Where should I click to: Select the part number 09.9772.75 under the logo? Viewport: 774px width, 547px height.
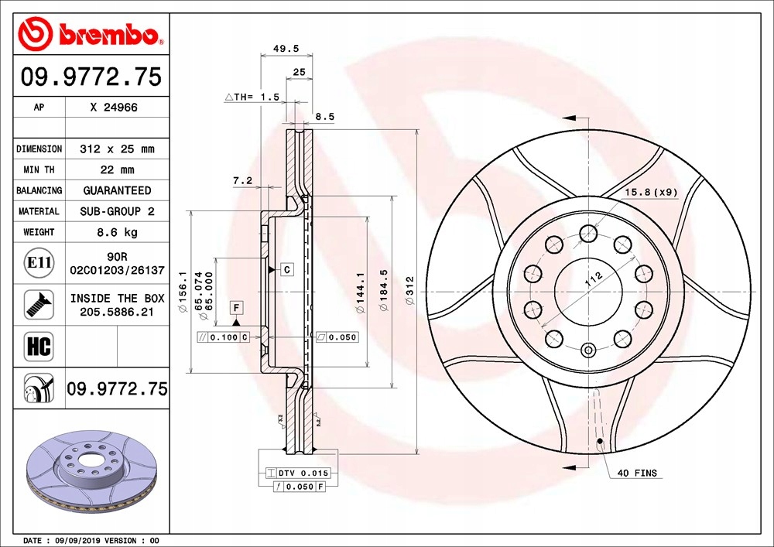point(91,77)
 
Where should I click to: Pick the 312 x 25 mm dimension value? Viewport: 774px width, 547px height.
point(116,149)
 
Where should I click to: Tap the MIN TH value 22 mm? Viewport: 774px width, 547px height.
point(116,169)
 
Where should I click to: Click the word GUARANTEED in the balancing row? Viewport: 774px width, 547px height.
point(116,190)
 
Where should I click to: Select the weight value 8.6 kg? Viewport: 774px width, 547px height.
point(116,232)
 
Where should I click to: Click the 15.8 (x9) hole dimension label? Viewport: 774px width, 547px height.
point(650,191)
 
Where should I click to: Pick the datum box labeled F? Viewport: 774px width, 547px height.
point(236,308)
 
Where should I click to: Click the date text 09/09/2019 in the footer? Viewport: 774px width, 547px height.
point(75,540)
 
